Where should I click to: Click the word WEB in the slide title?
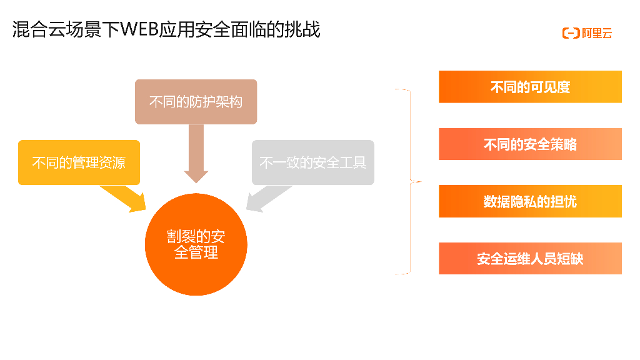coord(139,29)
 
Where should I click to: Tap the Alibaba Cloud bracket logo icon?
coord(571,33)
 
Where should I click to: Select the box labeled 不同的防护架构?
coord(196,102)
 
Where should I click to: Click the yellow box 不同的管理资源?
coord(79,162)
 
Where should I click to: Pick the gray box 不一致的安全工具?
coord(312,162)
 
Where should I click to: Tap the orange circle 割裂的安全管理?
coord(196,244)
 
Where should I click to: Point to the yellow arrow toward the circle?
coord(125,199)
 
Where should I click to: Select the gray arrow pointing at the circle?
coord(266,199)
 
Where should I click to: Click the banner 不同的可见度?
coord(530,87)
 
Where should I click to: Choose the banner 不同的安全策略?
coord(530,144)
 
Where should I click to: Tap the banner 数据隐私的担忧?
coord(530,201)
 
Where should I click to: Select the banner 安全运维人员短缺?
coord(530,258)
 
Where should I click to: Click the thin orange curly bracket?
coord(410,182)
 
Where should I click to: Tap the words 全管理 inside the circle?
coord(196,252)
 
